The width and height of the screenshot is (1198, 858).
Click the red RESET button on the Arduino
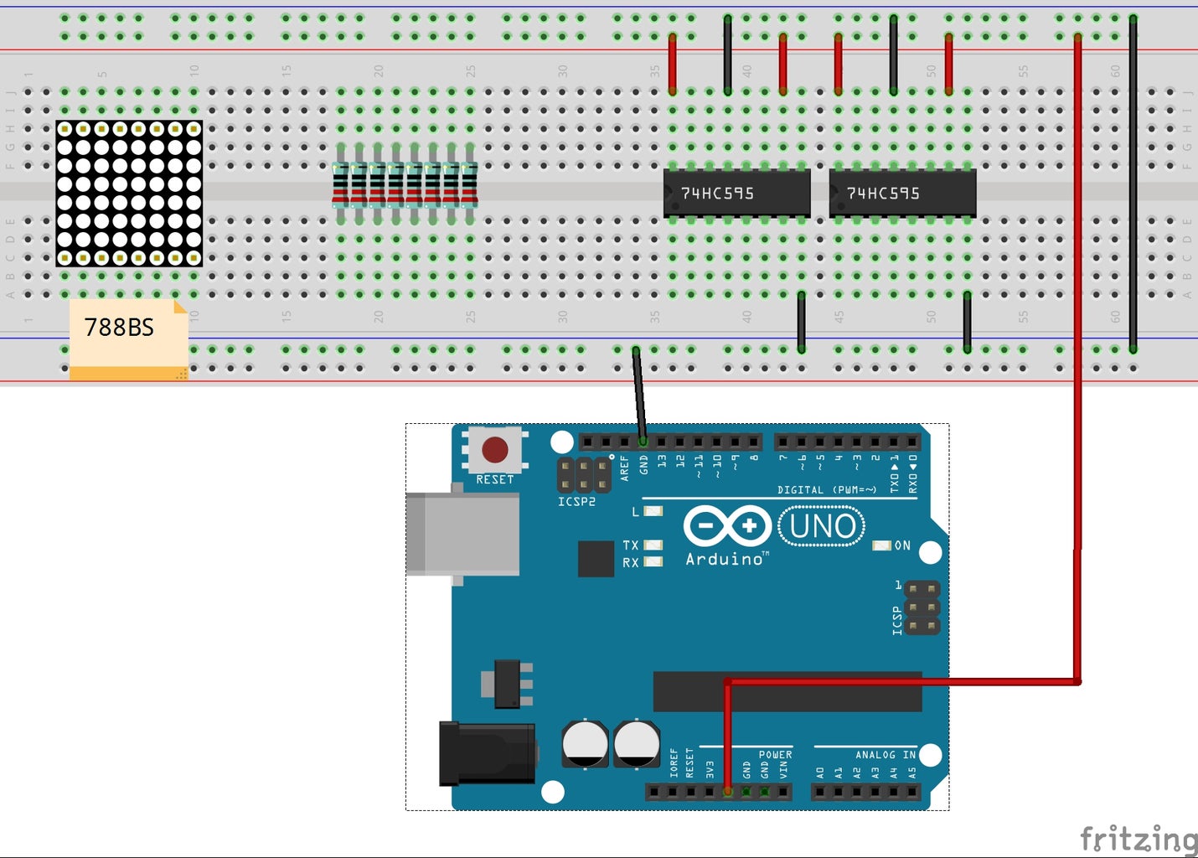(x=494, y=450)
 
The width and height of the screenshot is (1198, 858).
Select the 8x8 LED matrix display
(x=129, y=194)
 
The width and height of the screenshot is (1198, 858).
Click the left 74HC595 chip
(x=736, y=194)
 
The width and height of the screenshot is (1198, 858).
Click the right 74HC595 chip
(x=902, y=194)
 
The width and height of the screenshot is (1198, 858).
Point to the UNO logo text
(x=822, y=527)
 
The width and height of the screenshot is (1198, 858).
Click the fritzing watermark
(x=1138, y=838)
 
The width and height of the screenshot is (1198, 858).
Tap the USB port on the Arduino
(x=462, y=534)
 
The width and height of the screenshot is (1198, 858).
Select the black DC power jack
(x=487, y=753)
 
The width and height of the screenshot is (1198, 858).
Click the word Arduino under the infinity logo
(x=725, y=559)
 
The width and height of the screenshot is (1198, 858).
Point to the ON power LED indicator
(x=881, y=545)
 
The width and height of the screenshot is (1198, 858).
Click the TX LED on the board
(x=653, y=545)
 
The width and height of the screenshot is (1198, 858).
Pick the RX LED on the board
(x=653, y=562)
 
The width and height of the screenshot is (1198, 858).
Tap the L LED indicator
(x=653, y=510)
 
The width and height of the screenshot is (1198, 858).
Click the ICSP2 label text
(x=576, y=502)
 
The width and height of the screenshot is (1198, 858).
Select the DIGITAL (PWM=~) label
(x=826, y=489)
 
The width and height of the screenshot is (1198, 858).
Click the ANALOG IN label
(x=885, y=755)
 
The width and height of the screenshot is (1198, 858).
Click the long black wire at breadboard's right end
(x=1133, y=184)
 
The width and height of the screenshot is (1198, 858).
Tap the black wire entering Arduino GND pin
(x=639, y=394)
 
